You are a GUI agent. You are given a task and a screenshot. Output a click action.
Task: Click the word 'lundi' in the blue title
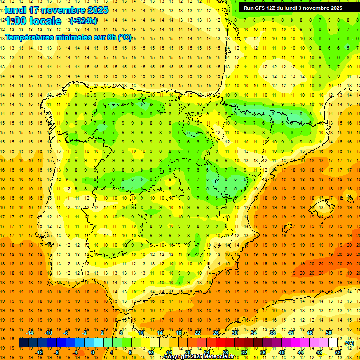pyautogui.click(x=15, y=10)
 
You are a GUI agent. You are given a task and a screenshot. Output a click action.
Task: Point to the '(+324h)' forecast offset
pyautogui.click(x=83, y=21)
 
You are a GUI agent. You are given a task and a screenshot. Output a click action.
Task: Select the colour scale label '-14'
pyautogui.click(x=30, y=333)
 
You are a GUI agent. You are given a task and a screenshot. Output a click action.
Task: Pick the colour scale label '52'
pyautogui.click(x=338, y=352)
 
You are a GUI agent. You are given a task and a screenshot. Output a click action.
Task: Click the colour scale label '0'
pyautogui.click(x=93, y=352)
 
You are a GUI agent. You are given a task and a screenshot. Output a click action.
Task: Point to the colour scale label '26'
pyautogui.click(x=216, y=333)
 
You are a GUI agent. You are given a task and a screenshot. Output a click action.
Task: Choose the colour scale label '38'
pyautogui.click(x=272, y=333)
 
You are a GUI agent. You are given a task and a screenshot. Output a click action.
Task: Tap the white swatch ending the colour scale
pyautogui.click(x=333, y=343)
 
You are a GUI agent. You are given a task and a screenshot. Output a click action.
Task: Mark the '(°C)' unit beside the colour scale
pyautogui.click(x=349, y=343)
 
